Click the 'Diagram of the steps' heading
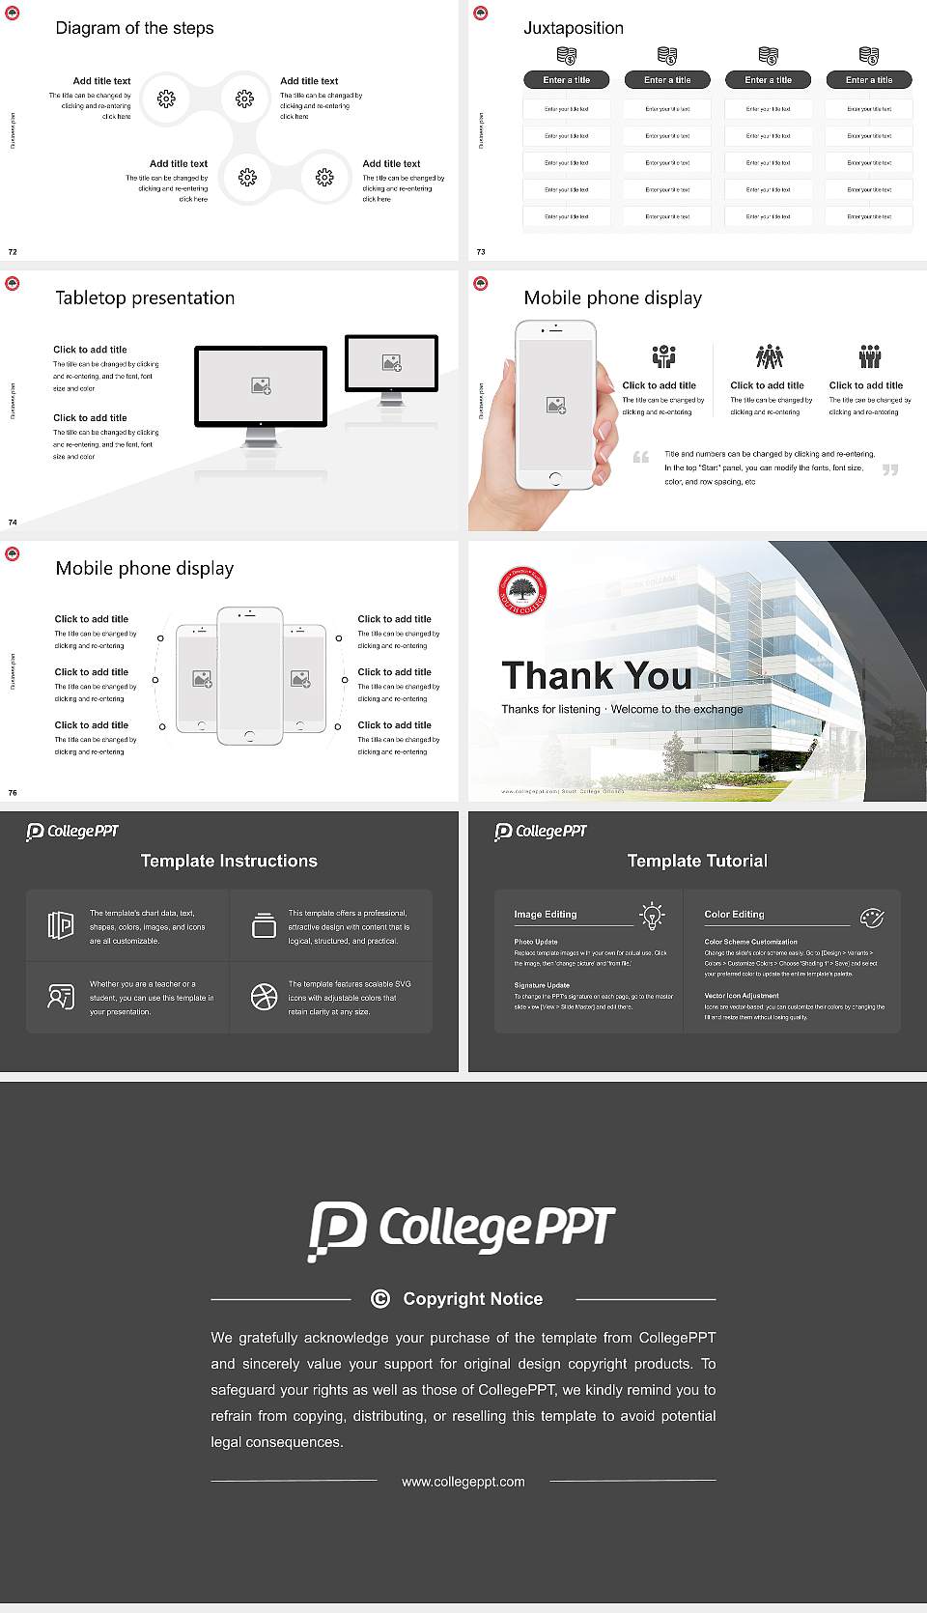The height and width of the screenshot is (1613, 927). pyautogui.click(x=134, y=28)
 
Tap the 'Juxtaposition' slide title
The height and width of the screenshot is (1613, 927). pyautogui.click(x=574, y=28)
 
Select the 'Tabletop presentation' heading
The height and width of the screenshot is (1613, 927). pyautogui.click(x=145, y=297)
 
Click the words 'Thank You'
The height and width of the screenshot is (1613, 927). pyautogui.click(x=597, y=675)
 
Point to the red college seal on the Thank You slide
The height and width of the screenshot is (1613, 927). pyautogui.click(x=522, y=591)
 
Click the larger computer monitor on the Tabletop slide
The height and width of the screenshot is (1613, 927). pyautogui.click(x=261, y=386)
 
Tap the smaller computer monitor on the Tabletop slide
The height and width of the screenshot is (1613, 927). pyautogui.click(x=391, y=363)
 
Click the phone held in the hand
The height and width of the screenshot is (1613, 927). pyautogui.click(x=555, y=405)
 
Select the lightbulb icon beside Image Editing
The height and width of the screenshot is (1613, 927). pyautogui.click(x=653, y=916)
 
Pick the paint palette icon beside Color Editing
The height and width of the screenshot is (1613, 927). pyautogui.click(x=872, y=917)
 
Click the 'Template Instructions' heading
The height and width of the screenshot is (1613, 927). pyautogui.click(x=229, y=861)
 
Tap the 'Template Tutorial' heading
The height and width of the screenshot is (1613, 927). pyautogui.click(x=697, y=861)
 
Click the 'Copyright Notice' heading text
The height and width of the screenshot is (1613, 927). pyautogui.click(x=473, y=1299)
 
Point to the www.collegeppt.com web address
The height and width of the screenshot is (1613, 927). pyautogui.click(x=463, y=1482)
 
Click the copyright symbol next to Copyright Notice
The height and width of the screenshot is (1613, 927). pyautogui.click(x=380, y=1299)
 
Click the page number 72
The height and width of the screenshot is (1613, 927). pyautogui.click(x=13, y=251)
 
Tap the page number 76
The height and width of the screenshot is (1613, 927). pyautogui.click(x=13, y=792)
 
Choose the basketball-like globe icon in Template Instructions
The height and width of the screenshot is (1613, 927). pyautogui.click(x=264, y=997)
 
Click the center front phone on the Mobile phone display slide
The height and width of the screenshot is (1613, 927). pyautogui.click(x=250, y=676)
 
